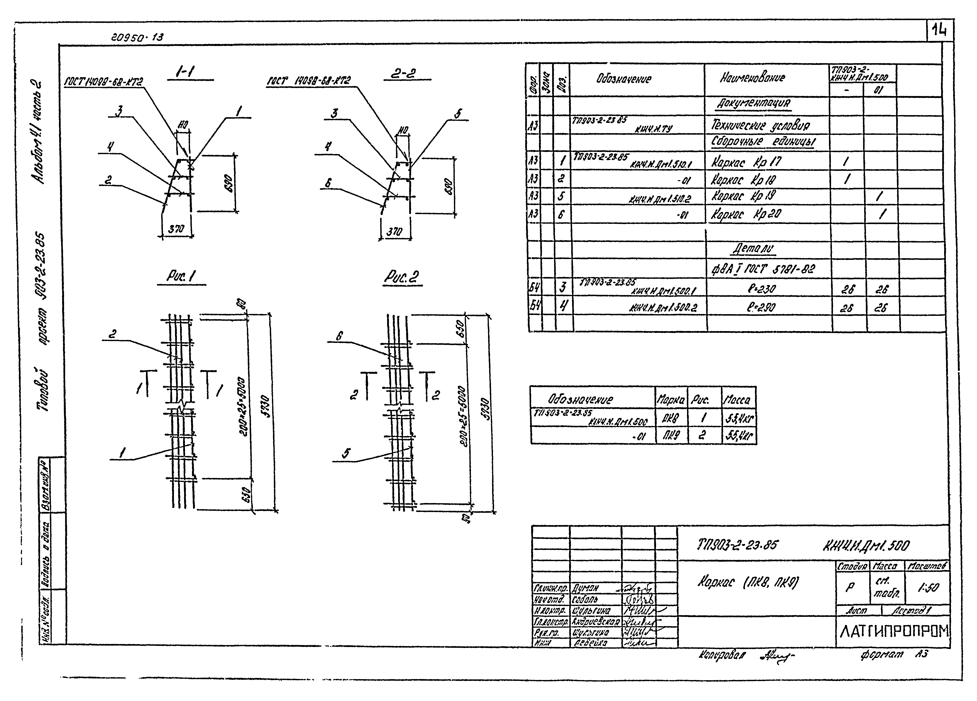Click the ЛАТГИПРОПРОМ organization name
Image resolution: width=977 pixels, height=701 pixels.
click(x=894, y=631)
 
